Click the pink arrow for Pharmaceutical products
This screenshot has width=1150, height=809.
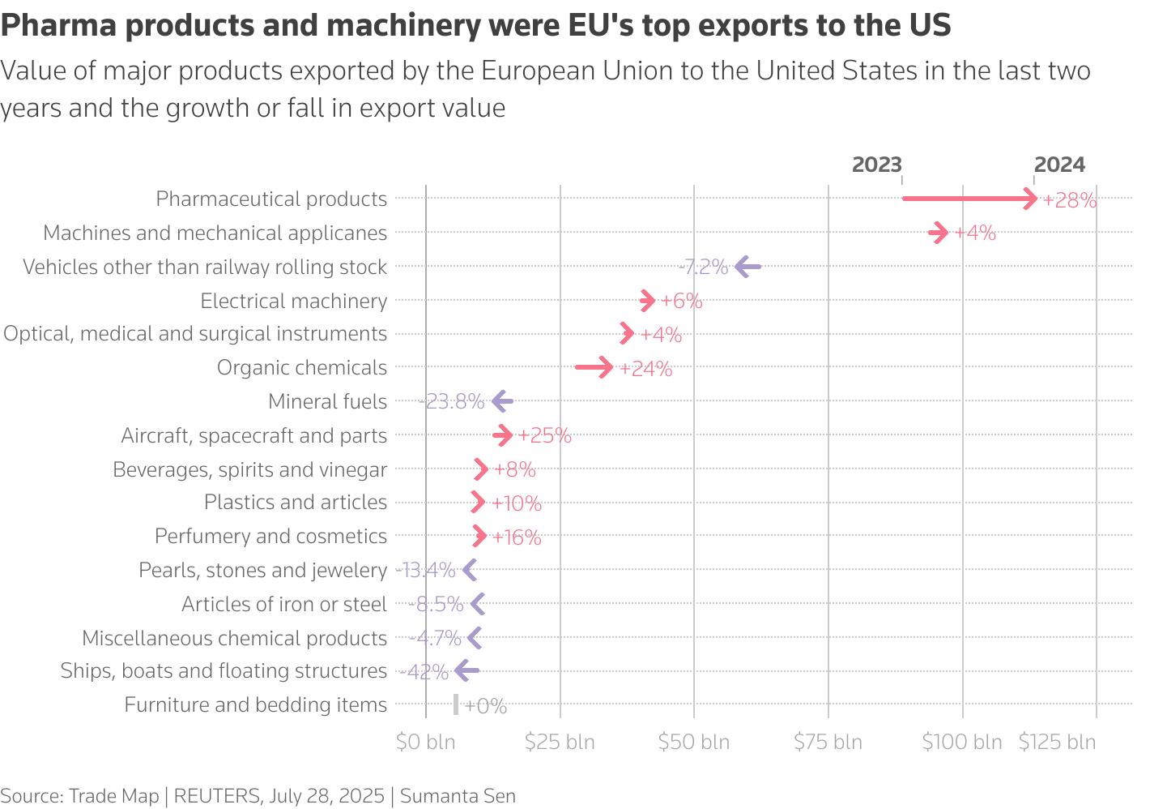(x=969, y=199)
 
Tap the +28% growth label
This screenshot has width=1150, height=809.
(x=1069, y=200)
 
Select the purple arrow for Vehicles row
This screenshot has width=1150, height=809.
(x=747, y=267)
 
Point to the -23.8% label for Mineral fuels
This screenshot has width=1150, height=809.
(x=452, y=401)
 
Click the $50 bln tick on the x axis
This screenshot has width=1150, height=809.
(x=693, y=742)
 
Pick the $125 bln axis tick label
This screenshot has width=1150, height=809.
(x=1057, y=742)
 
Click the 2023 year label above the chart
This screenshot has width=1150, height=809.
(x=876, y=165)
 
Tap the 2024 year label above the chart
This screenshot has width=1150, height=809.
(x=1059, y=165)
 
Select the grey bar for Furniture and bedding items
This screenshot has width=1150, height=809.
(x=456, y=704)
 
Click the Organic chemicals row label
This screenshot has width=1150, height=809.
(x=302, y=367)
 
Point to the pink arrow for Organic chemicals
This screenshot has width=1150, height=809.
(x=594, y=367)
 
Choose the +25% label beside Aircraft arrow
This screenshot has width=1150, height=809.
(x=544, y=435)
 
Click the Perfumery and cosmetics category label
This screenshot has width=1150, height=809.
(x=270, y=536)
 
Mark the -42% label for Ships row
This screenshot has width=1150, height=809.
(x=424, y=672)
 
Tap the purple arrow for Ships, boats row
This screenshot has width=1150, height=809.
(x=466, y=670)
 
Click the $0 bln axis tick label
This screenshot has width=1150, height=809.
(x=425, y=742)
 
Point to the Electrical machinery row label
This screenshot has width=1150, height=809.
(x=294, y=301)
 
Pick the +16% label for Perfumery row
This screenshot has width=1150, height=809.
(x=517, y=537)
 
